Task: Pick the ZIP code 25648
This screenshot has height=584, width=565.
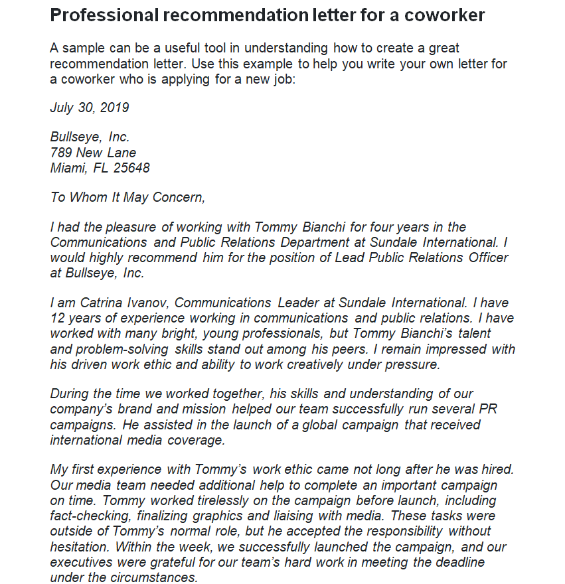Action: pyautogui.click(x=131, y=168)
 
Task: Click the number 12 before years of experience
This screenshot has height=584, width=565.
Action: pyautogui.click(x=57, y=318)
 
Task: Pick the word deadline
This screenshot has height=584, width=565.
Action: pyautogui.click(x=461, y=562)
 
